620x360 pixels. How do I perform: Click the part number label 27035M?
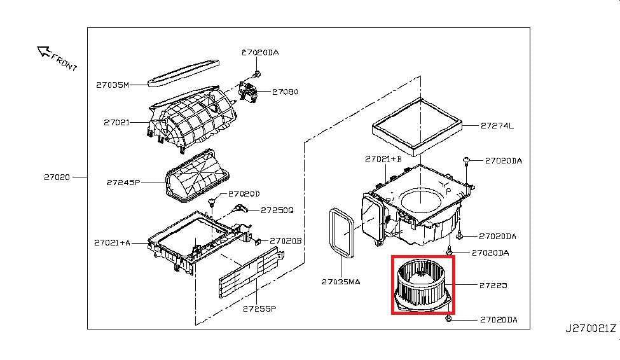(113, 85)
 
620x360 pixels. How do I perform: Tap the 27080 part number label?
(284, 92)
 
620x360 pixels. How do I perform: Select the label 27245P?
(123, 183)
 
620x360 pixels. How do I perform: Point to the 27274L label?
(497, 126)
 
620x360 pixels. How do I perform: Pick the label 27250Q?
(277, 210)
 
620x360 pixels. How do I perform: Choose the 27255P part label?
(259, 309)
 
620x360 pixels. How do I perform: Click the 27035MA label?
(340, 281)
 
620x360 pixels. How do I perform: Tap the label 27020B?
(285, 240)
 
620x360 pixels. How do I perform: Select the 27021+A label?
(112, 242)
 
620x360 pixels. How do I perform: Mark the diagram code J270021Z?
(591, 329)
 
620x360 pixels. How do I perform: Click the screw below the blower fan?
(450, 316)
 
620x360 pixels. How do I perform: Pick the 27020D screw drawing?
(213, 202)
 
